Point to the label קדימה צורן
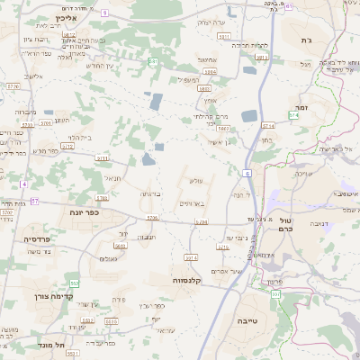tap(34, 296)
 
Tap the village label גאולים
tap(109, 258)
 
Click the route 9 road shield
tap(104, 12)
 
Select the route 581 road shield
tap(153, 61)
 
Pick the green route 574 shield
tap(293, 115)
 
